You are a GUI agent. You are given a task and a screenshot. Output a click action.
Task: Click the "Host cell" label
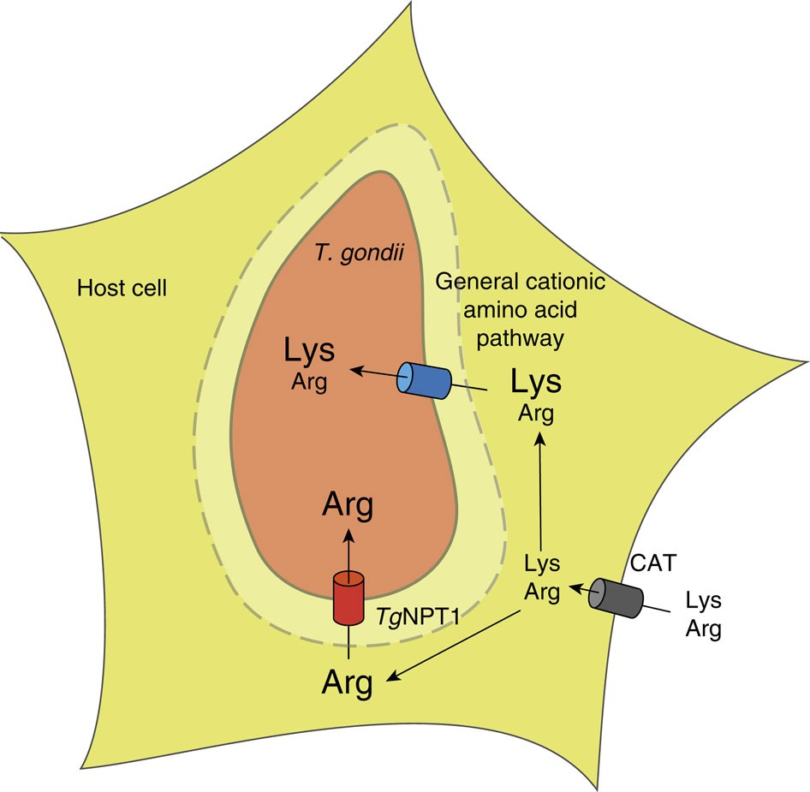[x=122, y=288]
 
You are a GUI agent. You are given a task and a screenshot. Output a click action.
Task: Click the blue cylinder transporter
[x=424, y=379]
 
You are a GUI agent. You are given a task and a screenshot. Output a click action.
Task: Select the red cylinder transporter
[x=348, y=598]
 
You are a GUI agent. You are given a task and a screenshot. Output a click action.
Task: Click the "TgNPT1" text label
[x=419, y=615]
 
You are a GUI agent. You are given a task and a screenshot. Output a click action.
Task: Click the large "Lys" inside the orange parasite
[x=309, y=352]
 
